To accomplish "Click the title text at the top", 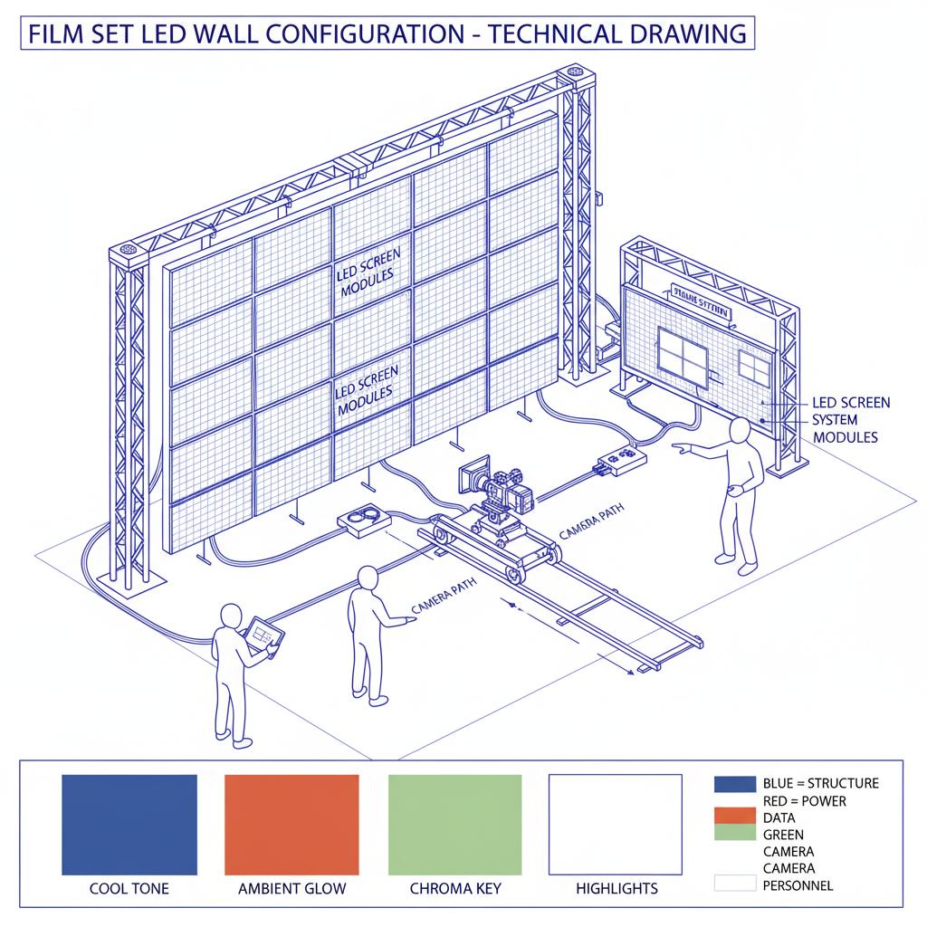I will (x=387, y=34).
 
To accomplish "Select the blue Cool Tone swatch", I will (x=129, y=824).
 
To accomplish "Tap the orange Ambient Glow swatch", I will (x=291, y=824).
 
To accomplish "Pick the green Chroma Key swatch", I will (x=454, y=824).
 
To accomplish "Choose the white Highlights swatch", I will (x=616, y=824).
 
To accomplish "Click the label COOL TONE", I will (x=129, y=888).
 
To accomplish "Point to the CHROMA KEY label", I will (x=454, y=888).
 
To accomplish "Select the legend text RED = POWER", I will (x=798, y=801).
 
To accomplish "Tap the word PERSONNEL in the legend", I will (x=798, y=885).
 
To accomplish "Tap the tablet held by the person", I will (x=264, y=634).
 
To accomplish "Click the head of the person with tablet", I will (x=230, y=616).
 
